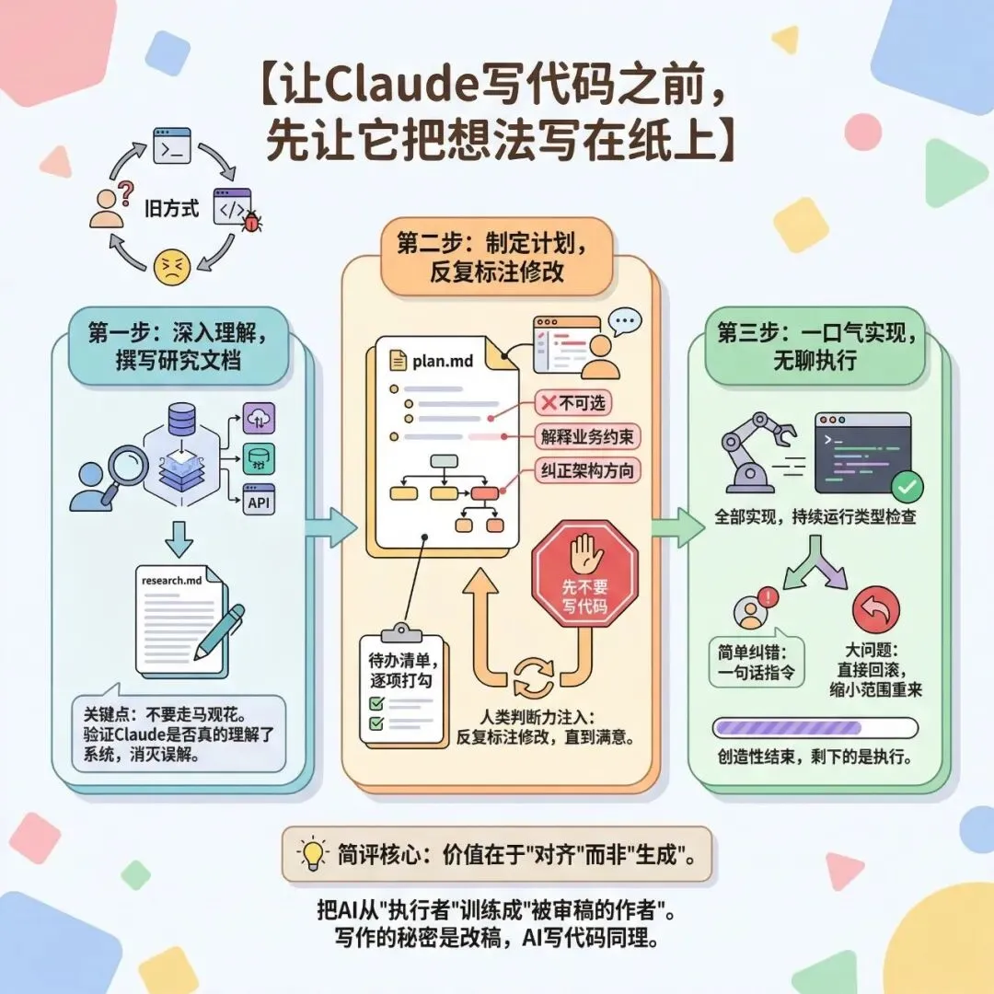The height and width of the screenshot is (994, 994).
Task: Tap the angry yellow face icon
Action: click(x=170, y=268)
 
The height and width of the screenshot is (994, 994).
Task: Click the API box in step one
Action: click(x=259, y=503)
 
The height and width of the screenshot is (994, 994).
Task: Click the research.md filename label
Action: click(x=171, y=580)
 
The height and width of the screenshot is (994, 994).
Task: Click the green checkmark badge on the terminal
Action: click(x=909, y=484)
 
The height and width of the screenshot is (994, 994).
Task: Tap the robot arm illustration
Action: click(x=757, y=450)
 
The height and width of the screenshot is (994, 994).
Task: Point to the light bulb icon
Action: click(x=314, y=853)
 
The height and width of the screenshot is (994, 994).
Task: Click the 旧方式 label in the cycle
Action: click(x=172, y=209)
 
